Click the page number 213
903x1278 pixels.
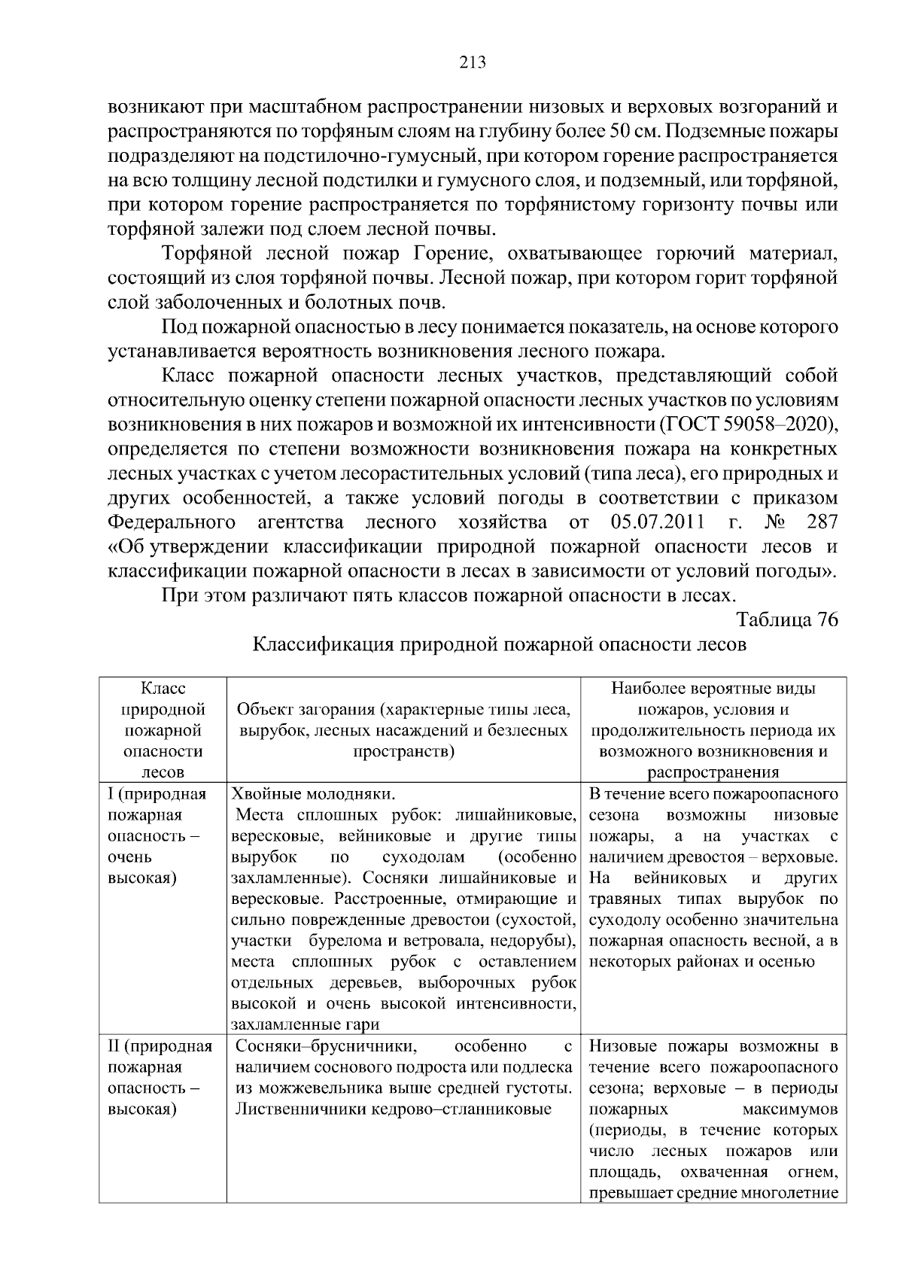473,63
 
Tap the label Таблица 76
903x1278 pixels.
786,619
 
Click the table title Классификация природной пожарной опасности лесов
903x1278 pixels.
499,645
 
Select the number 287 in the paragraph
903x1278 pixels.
821,522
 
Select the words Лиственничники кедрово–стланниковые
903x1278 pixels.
394,1109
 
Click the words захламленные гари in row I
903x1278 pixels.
305,1024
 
